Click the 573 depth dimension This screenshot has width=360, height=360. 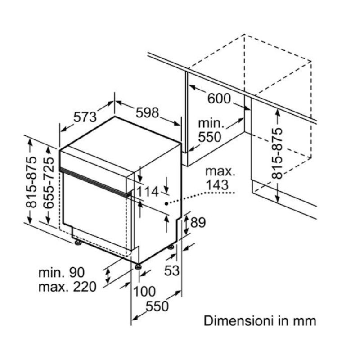(x=85, y=117)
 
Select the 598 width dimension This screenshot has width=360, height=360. (x=148, y=113)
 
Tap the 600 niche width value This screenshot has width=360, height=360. (x=219, y=99)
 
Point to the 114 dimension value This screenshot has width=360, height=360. (x=148, y=192)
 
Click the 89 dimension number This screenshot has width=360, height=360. (x=198, y=222)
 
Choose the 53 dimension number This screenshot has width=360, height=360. (x=172, y=270)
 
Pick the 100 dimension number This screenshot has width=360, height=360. (x=144, y=292)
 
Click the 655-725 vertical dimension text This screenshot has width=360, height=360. (x=49, y=183)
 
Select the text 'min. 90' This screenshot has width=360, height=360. (x=62, y=273)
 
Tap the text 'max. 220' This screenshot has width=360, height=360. (x=67, y=287)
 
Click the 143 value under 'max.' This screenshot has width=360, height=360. (x=217, y=185)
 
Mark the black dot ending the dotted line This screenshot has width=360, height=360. (x=166, y=204)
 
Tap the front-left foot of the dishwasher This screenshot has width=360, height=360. (x=78, y=243)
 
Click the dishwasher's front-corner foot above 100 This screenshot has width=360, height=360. (x=138, y=267)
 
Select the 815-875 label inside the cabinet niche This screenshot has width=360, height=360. (x=277, y=153)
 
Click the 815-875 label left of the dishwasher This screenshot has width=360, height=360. (x=31, y=182)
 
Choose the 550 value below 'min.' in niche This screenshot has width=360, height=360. (x=210, y=137)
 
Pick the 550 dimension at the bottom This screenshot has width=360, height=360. (x=157, y=306)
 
